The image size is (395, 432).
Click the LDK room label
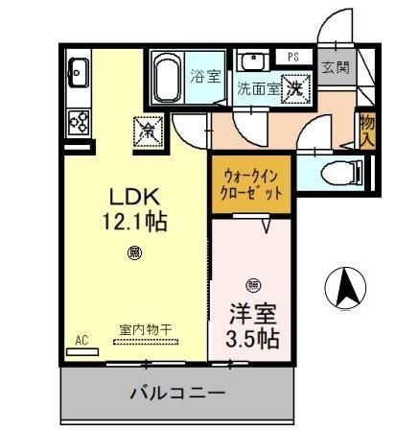[x=135, y=198]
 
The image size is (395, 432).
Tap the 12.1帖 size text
[x=135, y=222]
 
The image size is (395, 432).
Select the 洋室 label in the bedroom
[x=252, y=313]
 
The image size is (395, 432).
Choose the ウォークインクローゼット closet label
[x=253, y=183]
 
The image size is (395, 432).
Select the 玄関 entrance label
[x=335, y=67]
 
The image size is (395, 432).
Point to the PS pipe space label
[x=292, y=57]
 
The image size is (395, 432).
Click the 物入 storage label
[x=366, y=130]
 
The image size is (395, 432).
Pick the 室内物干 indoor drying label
[x=146, y=329]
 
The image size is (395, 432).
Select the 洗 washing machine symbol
[x=297, y=87]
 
